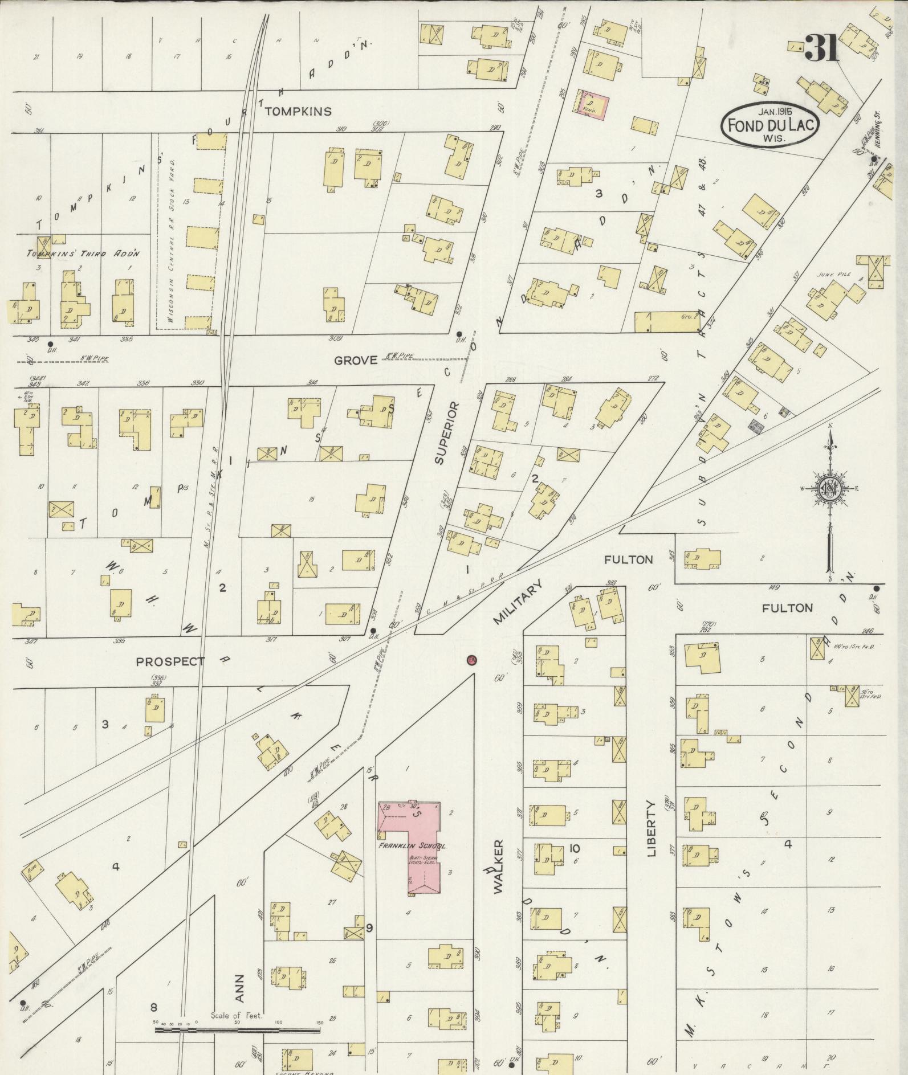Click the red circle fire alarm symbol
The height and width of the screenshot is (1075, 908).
coord(471,660)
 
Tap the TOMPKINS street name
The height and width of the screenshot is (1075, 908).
coord(297,111)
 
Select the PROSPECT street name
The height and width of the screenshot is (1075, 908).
coord(170,661)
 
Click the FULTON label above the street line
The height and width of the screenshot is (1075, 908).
coord(628,559)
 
